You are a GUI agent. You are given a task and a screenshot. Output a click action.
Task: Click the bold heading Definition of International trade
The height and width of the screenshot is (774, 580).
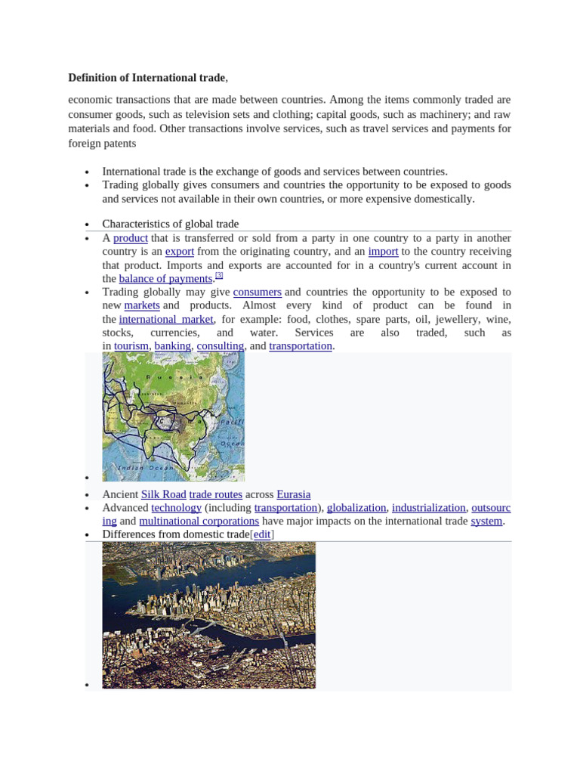click(x=147, y=78)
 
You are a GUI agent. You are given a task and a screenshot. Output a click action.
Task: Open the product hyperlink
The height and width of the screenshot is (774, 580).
click(x=130, y=238)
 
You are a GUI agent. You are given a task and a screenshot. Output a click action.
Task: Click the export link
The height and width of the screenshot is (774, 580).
click(x=180, y=252)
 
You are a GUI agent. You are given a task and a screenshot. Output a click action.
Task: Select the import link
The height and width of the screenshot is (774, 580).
click(x=383, y=252)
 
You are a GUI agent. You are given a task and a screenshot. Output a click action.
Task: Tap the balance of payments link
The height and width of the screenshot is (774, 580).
click(x=165, y=279)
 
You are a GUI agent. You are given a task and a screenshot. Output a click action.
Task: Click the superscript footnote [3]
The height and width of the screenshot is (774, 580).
click(x=219, y=276)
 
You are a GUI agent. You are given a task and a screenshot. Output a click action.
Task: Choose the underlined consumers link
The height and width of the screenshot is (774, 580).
click(x=257, y=292)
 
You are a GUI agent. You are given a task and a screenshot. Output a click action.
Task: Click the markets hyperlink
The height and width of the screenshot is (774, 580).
click(x=142, y=305)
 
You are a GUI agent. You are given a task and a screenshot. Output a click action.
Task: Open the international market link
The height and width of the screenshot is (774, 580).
click(x=166, y=319)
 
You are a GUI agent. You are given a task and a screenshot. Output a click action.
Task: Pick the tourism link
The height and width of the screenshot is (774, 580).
click(x=131, y=346)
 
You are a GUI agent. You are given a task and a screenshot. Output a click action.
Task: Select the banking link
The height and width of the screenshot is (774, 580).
click(x=173, y=346)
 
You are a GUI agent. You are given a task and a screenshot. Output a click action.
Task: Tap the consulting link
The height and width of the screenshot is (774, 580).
click(x=221, y=346)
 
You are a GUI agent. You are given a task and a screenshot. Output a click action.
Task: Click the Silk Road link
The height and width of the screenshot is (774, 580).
click(x=164, y=494)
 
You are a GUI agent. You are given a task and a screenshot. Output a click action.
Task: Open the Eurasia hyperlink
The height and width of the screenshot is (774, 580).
click(x=294, y=494)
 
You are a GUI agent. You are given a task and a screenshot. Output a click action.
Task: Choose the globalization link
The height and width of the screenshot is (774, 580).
click(x=356, y=508)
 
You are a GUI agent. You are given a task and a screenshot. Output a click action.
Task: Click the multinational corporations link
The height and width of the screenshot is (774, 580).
click(x=199, y=522)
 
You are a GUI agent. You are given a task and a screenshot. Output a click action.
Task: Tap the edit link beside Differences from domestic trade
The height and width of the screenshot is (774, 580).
click(x=261, y=535)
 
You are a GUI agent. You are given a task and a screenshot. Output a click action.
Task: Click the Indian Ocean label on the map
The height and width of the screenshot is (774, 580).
click(x=143, y=469)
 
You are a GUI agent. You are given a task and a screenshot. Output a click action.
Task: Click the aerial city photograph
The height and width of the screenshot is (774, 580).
click(x=208, y=615)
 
